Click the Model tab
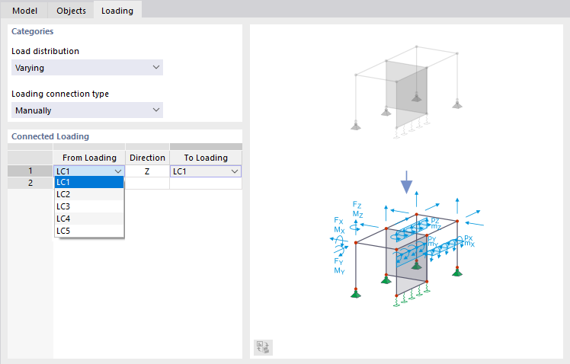coord(25,11)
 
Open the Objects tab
coord(71,11)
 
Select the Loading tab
coord(117,11)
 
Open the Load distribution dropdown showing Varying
coord(88,68)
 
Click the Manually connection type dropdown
coord(88,110)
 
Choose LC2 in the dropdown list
coord(89,194)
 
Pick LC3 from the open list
coord(89,206)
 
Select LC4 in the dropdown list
coord(89,219)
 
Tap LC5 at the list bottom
coord(89,230)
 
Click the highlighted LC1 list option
coord(89,182)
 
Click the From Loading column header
coord(89,158)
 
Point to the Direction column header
coord(147,158)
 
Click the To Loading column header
coord(206,158)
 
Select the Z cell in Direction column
coord(147,171)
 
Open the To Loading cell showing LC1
coord(206,171)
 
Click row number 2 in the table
coord(30,183)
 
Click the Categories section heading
coord(33,32)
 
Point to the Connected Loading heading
coord(50,136)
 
